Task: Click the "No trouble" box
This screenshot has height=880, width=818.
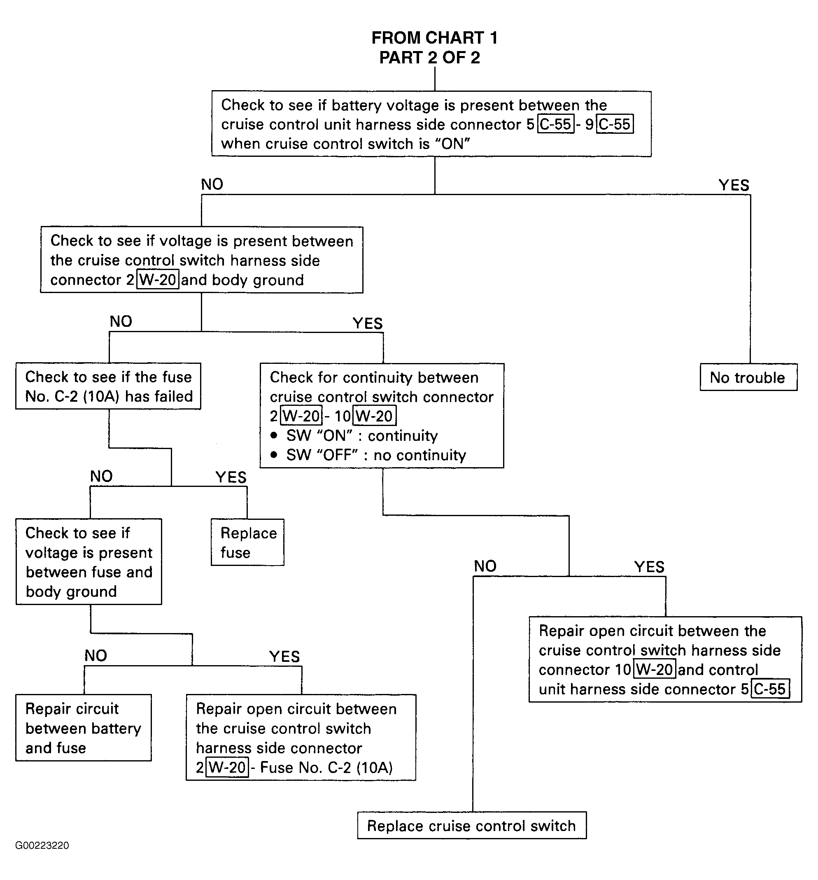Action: [x=748, y=377]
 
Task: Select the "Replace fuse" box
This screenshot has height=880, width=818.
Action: [x=247, y=542]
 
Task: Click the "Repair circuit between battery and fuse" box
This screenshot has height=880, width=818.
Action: [x=84, y=728]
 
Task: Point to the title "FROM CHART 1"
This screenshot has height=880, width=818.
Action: [x=435, y=38]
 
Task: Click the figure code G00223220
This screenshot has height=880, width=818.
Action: [x=42, y=845]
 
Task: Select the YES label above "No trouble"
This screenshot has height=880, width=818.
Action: [x=734, y=185]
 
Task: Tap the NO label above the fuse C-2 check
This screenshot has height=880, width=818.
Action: [x=121, y=321]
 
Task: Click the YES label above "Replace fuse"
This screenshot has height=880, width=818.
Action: [x=231, y=477]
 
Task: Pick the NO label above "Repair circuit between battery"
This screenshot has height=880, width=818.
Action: [x=96, y=656]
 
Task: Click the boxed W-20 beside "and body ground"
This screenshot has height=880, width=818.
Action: [x=158, y=280]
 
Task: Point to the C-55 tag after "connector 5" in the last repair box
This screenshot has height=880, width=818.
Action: [x=770, y=689]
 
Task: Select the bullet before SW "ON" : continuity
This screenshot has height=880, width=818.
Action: [x=274, y=435]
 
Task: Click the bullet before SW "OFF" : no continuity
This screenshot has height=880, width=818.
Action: [x=274, y=454]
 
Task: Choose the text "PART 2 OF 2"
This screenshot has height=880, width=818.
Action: [x=429, y=58]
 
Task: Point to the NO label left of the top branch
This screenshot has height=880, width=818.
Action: [x=212, y=184]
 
